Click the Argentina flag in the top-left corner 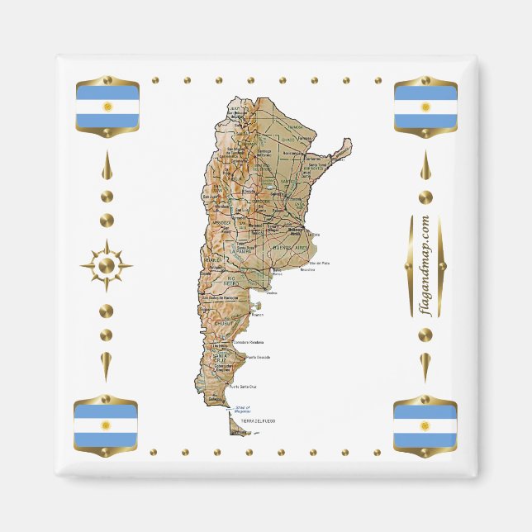pyautogui.click(x=107, y=107)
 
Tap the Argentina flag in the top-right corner pyautogui.click(x=425, y=107)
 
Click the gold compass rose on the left pyautogui.click(x=107, y=265)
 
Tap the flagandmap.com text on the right pyautogui.click(x=425, y=265)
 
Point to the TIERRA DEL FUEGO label pyautogui.click(x=259, y=421)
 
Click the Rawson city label pyautogui.click(x=256, y=315)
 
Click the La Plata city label pyautogui.click(x=314, y=235)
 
